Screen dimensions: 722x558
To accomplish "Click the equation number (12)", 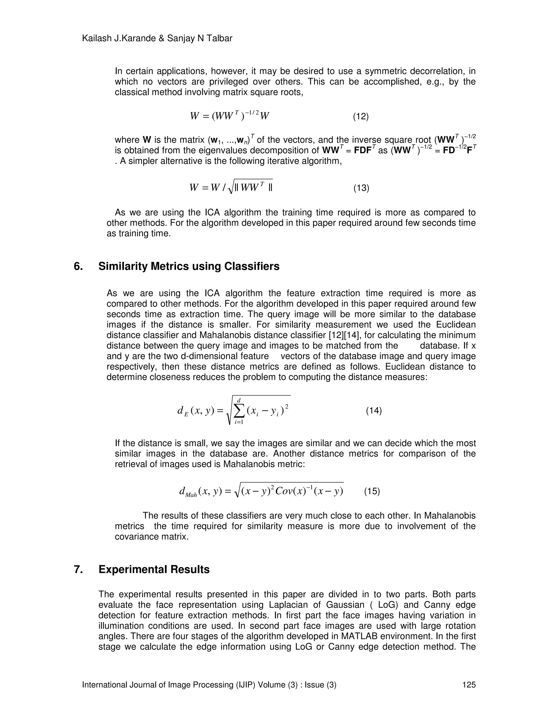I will pyautogui.click(x=361, y=116).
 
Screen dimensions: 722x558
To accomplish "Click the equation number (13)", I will pyautogui.click(x=361, y=188).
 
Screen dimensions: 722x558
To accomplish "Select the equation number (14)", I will pyautogui.click(x=374, y=411).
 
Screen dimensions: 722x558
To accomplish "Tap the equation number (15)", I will pyautogui.click(x=372, y=491).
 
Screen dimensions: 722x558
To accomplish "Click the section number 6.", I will pyautogui.click(x=78, y=266).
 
